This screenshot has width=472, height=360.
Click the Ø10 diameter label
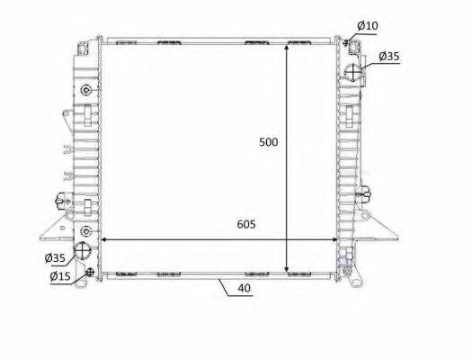(x=368, y=26)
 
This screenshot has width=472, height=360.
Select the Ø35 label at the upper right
(x=389, y=56)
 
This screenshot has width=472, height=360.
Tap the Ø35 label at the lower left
(x=55, y=258)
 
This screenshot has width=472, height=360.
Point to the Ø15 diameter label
(x=60, y=276)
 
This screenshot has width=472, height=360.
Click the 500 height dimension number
(x=269, y=142)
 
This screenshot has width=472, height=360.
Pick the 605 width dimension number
(x=246, y=224)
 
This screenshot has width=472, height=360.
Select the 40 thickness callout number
(x=245, y=288)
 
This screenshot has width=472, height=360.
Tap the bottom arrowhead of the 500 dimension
(x=287, y=268)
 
